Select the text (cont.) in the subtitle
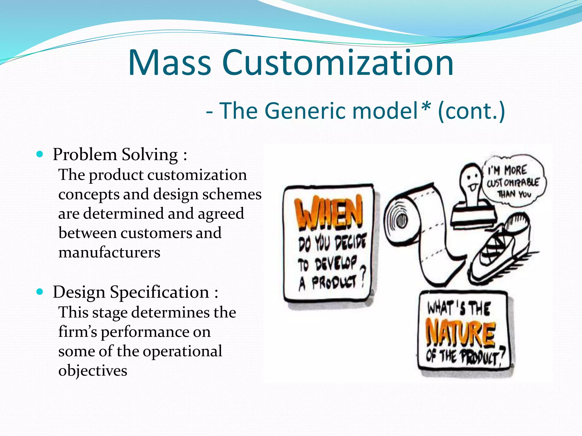pos(471,111)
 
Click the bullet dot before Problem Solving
pos(40,154)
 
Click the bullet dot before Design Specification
pos(40,292)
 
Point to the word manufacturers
pos(109,252)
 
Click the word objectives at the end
pos(93,370)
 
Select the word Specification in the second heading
pos(160,292)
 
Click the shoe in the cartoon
pos(500,250)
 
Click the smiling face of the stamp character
pos(470,179)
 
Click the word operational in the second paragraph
pos(182,351)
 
